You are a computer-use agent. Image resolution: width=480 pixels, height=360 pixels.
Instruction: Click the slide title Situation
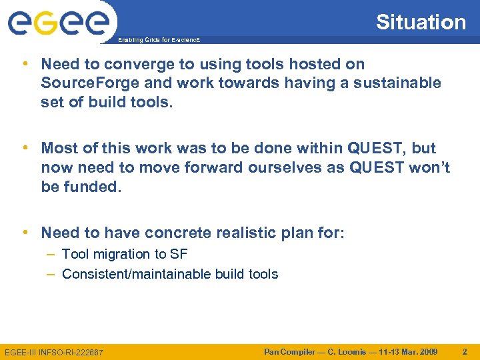(x=421, y=22)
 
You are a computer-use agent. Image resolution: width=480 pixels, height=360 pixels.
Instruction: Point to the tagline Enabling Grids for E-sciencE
(x=159, y=41)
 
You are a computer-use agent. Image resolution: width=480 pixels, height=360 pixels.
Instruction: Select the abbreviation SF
(x=179, y=254)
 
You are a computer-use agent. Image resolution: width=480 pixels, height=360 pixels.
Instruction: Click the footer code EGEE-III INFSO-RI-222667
(x=54, y=352)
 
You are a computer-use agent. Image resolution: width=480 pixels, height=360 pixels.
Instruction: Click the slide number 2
(x=465, y=351)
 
